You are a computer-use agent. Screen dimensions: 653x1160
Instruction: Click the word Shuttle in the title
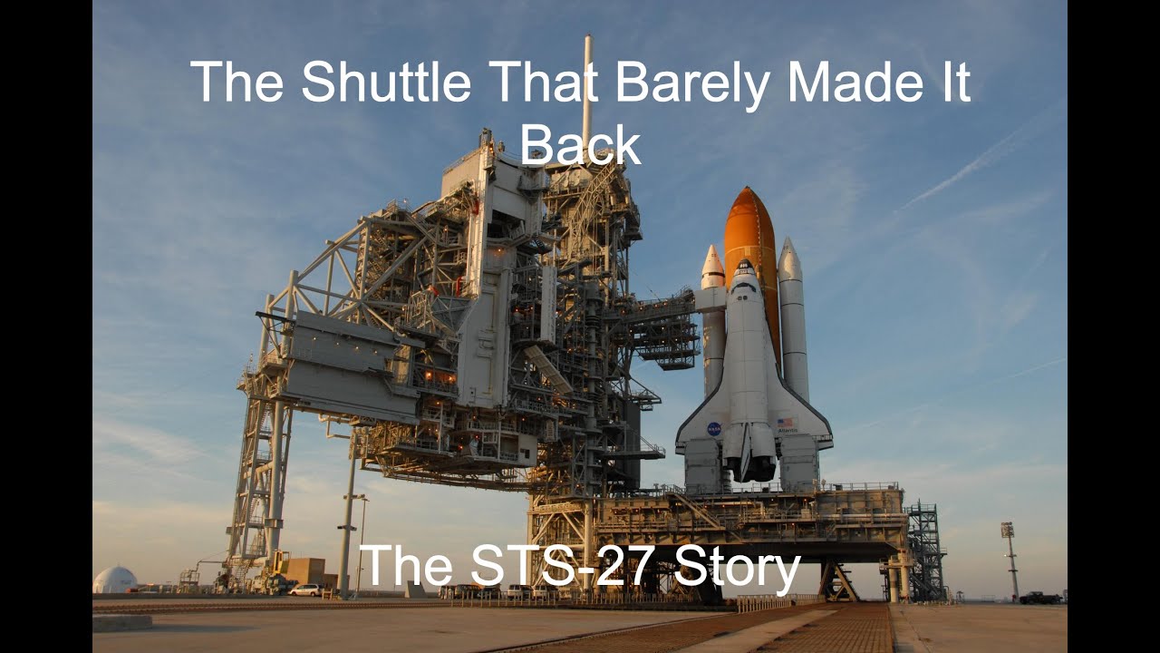tap(386, 82)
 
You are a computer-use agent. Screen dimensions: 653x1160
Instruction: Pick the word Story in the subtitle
tap(737, 568)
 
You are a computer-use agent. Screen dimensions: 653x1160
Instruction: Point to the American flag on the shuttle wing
tap(785, 422)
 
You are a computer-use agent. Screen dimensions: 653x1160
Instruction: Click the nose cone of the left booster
tap(713, 263)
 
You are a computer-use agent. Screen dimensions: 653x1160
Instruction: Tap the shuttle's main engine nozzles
tap(749, 458)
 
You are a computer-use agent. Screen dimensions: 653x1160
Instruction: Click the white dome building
tap(115, 580)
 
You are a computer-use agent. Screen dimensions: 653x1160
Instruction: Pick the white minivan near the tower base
tap(305, 590)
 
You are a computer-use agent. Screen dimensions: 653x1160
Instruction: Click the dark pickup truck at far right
tap(1039, 598)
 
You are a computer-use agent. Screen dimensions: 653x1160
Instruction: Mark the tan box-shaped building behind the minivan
tap(304, 570)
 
